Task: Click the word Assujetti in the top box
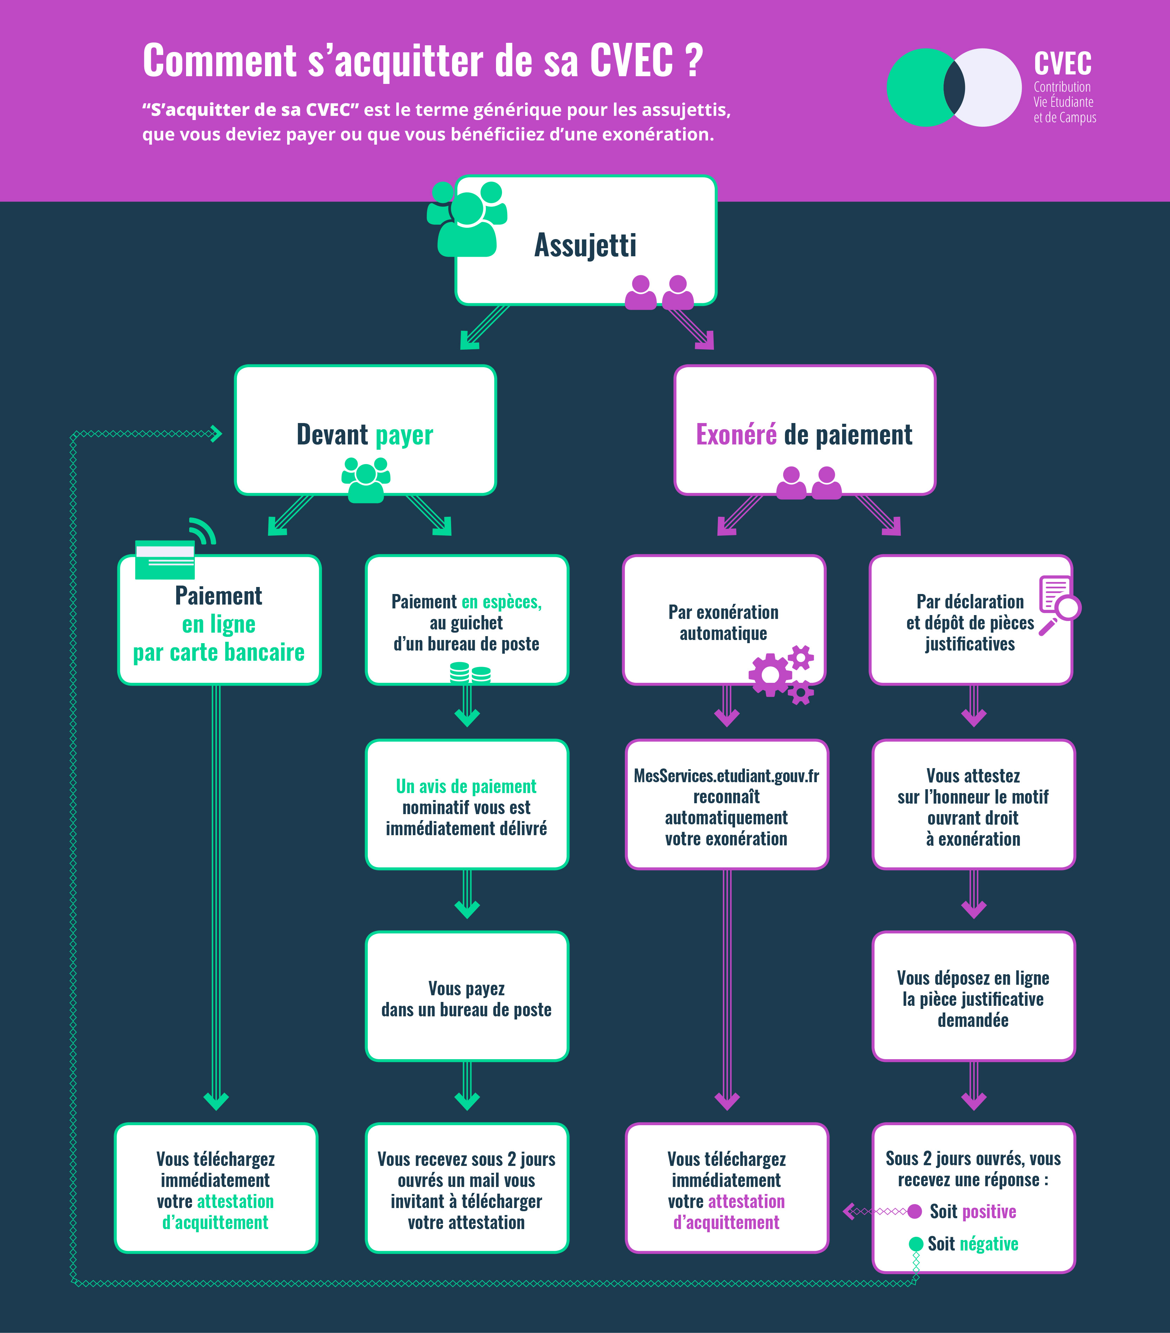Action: [x=585, y=245]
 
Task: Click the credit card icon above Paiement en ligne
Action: [x=165, y=559]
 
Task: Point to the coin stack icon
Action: [x=470, y=672]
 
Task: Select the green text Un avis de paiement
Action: [x=466, y=786]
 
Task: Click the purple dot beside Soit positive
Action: [x=914, y=1212]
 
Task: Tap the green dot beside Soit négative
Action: [x=915, y=1244]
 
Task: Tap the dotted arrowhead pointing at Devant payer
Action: [x=215, y=434]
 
